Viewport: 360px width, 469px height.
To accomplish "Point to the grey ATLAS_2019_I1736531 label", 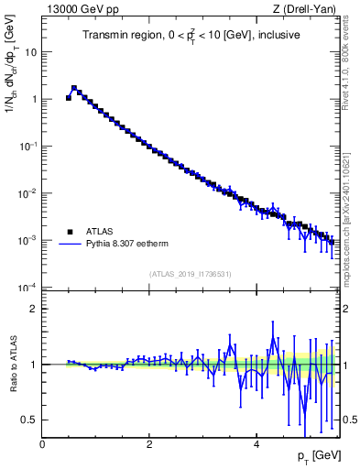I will click(x=189, y=274).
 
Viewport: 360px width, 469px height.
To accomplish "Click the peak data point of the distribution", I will click(x=74, y=89).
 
